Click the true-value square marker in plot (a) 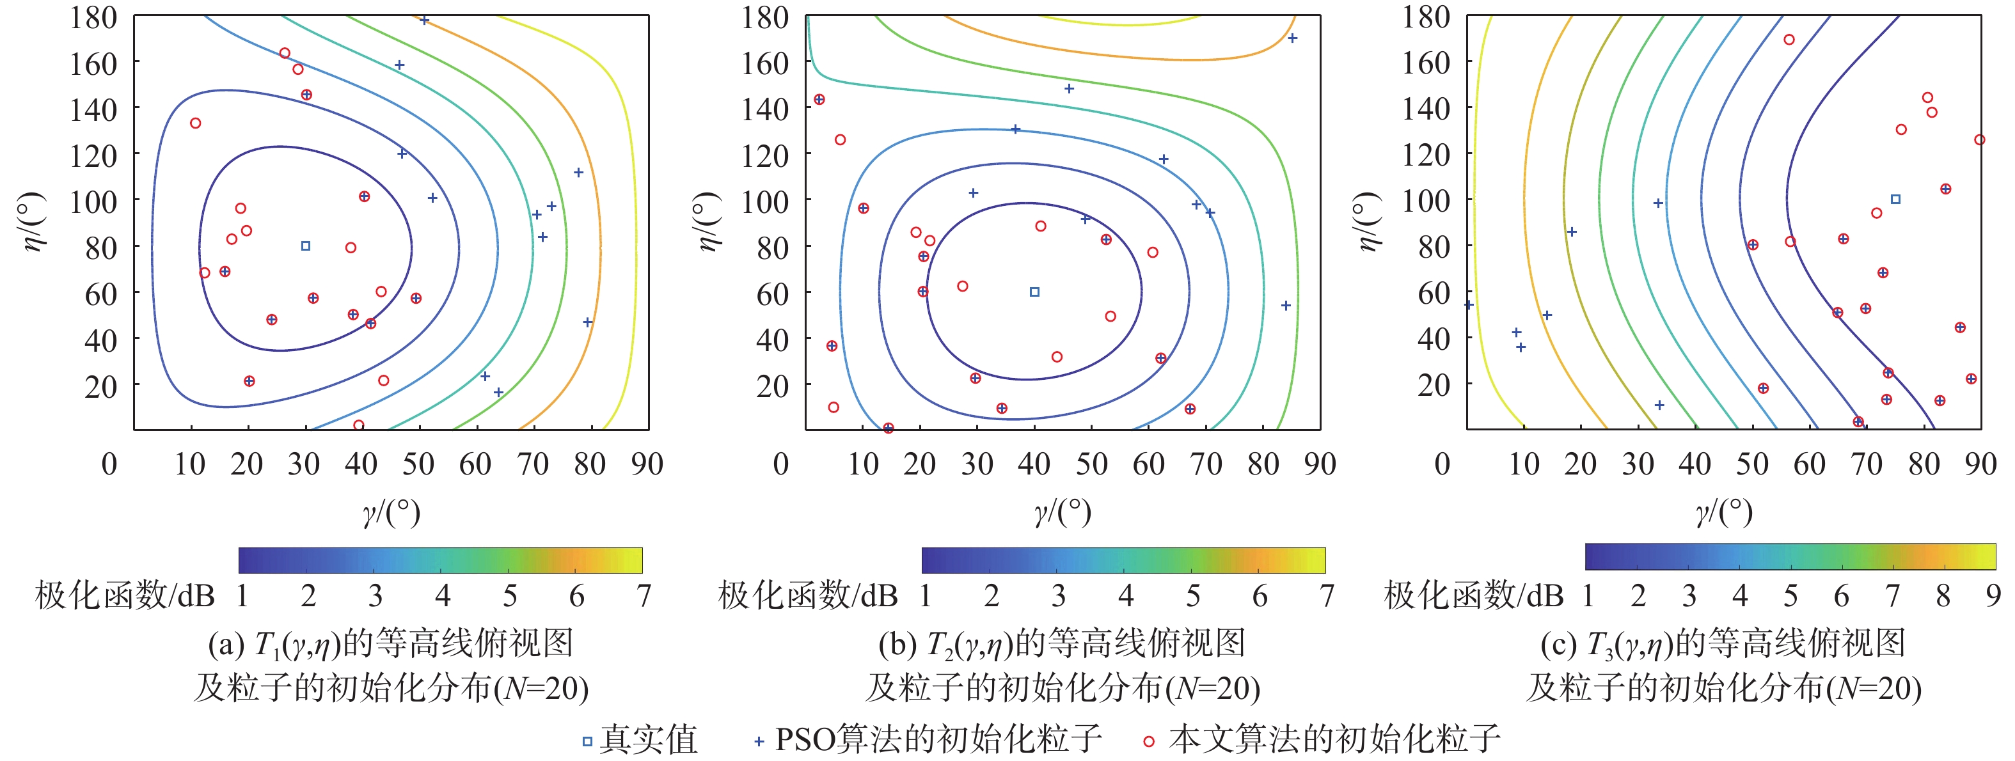pyautogui.click(x=306, y=246)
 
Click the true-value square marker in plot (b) pyautogui.click(x=1034, y=292)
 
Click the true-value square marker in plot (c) pyautogui.click(x=1895, y=200)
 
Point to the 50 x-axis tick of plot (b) pyautogui.click(x=1091, y=464)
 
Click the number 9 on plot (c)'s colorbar pyautogui.click(x=1993, y=596)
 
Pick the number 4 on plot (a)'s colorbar pyautogui.click(x=443, y=596)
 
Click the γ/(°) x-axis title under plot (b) pyautogui.click(x=1063, y=512)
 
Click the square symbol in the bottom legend pyautogui.click(x=587, y=741)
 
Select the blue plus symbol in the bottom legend pyautogui.click(x=758, y=741)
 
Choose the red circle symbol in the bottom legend pyautogui.click(x=1148, y=741)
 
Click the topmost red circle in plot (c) pyautogui.click(x=1789, y=39)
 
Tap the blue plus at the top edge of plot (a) pyautogui.click(x=424, y=20)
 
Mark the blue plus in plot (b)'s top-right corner pyautogui.click(x=1292, y=38)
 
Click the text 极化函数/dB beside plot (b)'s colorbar pyautogui.click(x=808, y=596)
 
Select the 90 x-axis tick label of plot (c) pyautogui.click(x=1980, y=464)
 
